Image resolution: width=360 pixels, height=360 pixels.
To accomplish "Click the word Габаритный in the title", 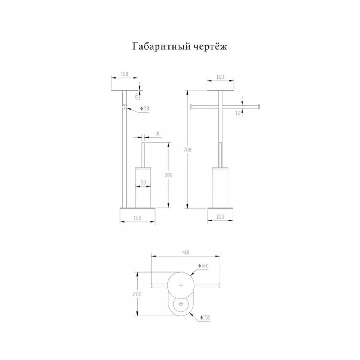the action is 162,46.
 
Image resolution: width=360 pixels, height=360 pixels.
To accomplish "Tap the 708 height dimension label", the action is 187,149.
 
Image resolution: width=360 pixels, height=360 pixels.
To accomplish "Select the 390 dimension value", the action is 168,175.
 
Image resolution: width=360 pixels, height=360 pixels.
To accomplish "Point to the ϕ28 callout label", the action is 145,108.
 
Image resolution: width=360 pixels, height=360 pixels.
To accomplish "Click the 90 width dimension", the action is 143,183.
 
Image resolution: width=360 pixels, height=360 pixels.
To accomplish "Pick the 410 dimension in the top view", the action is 185,252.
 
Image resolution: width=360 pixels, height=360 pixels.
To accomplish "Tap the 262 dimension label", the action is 137,294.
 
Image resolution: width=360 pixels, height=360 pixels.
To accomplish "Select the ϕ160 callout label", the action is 203,266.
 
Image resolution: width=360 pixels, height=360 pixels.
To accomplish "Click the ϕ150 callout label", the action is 205,318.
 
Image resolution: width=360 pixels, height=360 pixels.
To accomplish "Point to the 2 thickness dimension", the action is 136,96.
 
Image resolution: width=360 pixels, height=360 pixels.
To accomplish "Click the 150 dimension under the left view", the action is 137,218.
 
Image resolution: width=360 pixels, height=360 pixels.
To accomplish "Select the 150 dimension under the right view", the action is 220,216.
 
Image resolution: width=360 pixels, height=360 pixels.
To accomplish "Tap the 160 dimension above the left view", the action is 124,74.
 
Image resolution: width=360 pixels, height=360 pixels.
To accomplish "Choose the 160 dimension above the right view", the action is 220,77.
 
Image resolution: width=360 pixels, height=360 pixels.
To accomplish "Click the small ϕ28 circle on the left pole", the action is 124,107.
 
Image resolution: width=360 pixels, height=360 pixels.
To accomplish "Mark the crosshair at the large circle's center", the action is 181,285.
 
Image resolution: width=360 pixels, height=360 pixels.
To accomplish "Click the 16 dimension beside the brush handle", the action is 157,134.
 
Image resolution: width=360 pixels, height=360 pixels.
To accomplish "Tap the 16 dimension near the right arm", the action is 238,113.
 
